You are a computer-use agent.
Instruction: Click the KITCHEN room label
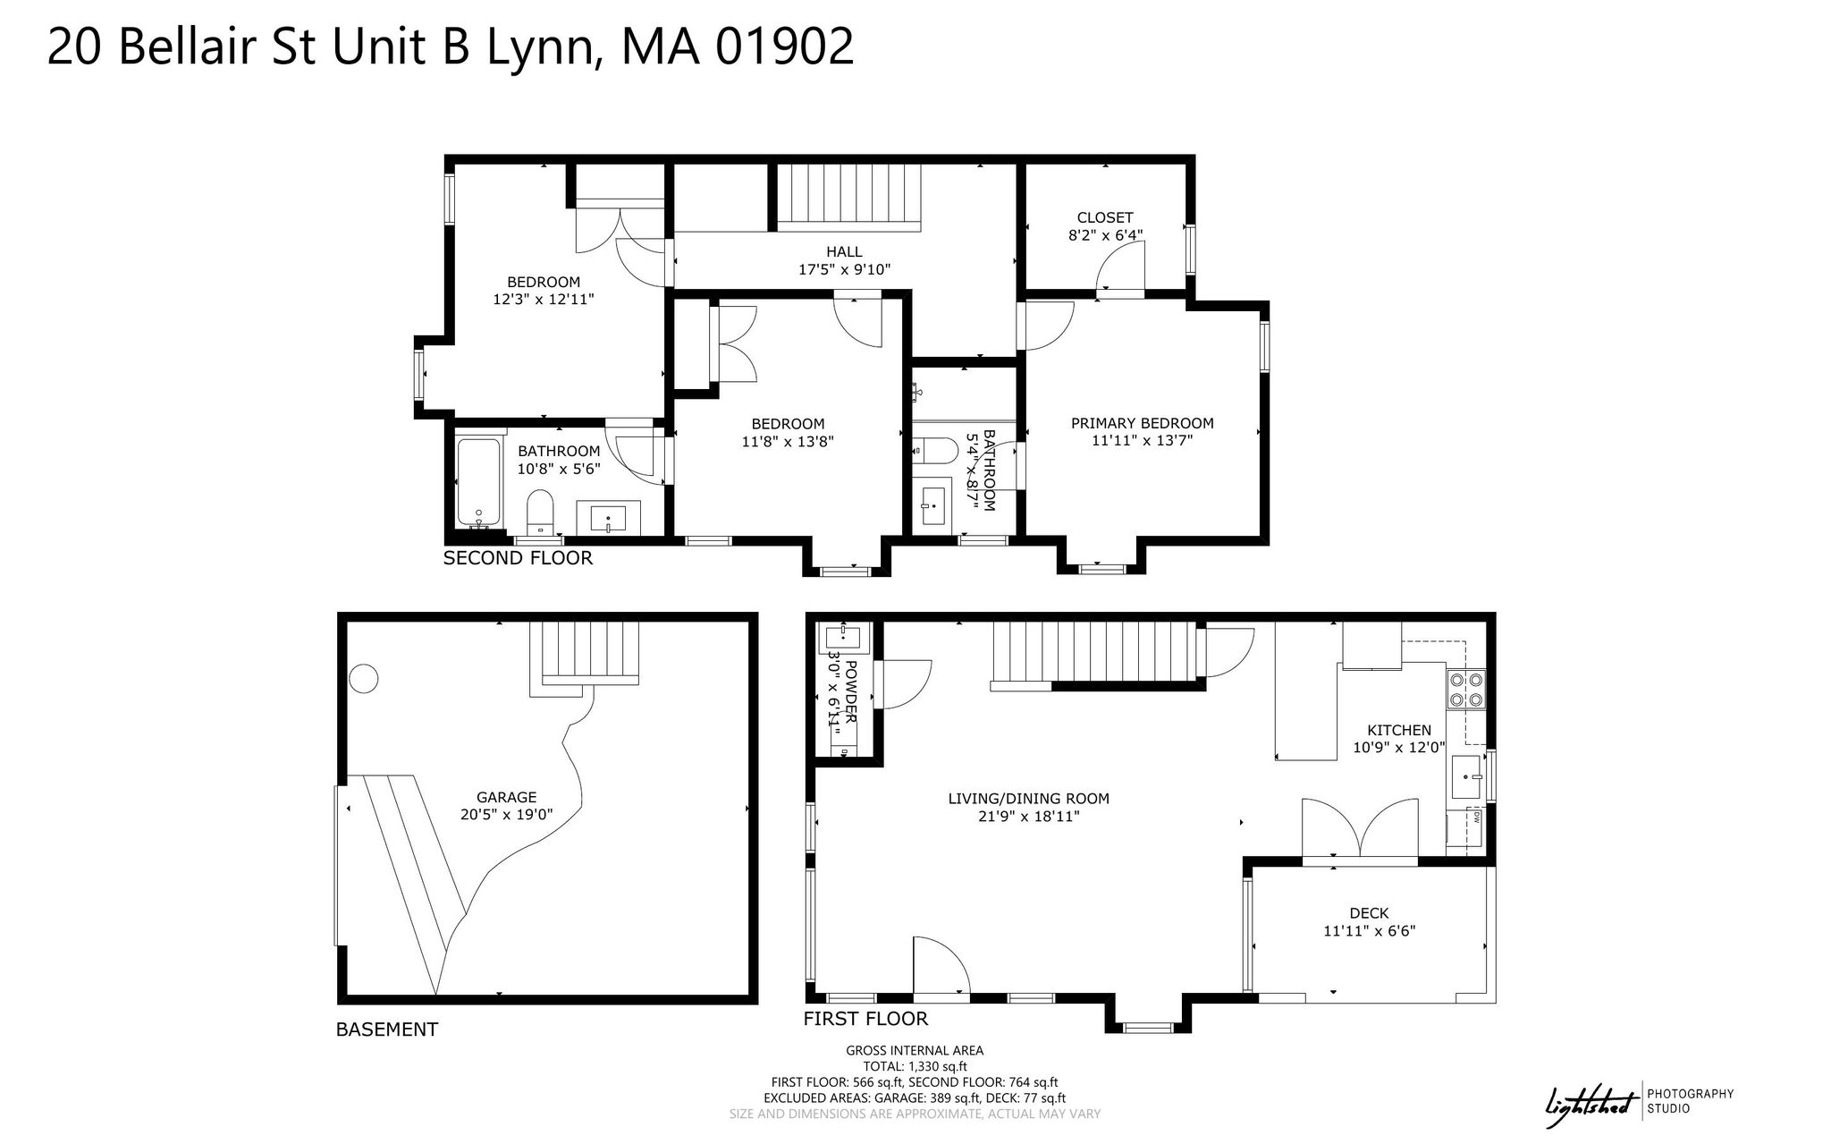[1398, 730]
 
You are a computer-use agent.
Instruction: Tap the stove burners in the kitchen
[1466, 689]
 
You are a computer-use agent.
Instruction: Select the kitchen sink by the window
[1467, 777]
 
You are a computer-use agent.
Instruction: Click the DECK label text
[1369, 913]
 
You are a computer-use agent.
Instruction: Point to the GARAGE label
[506, 797]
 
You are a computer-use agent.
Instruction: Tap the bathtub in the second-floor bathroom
[478, 481]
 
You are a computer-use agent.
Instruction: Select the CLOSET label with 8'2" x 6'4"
[1105, 217]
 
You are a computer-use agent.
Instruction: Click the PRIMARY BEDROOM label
[1143, 423]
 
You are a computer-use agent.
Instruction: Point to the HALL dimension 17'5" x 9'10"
[844, 269]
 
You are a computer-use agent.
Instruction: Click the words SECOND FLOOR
[518, 558]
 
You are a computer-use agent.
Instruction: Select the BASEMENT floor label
[386, 1030]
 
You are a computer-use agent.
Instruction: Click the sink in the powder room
[842, 638]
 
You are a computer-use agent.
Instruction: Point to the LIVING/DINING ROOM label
[1028, 799]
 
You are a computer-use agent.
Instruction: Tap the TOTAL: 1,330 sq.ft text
[915, 1066]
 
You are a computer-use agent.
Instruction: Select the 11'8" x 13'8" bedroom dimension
[788, 441]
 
